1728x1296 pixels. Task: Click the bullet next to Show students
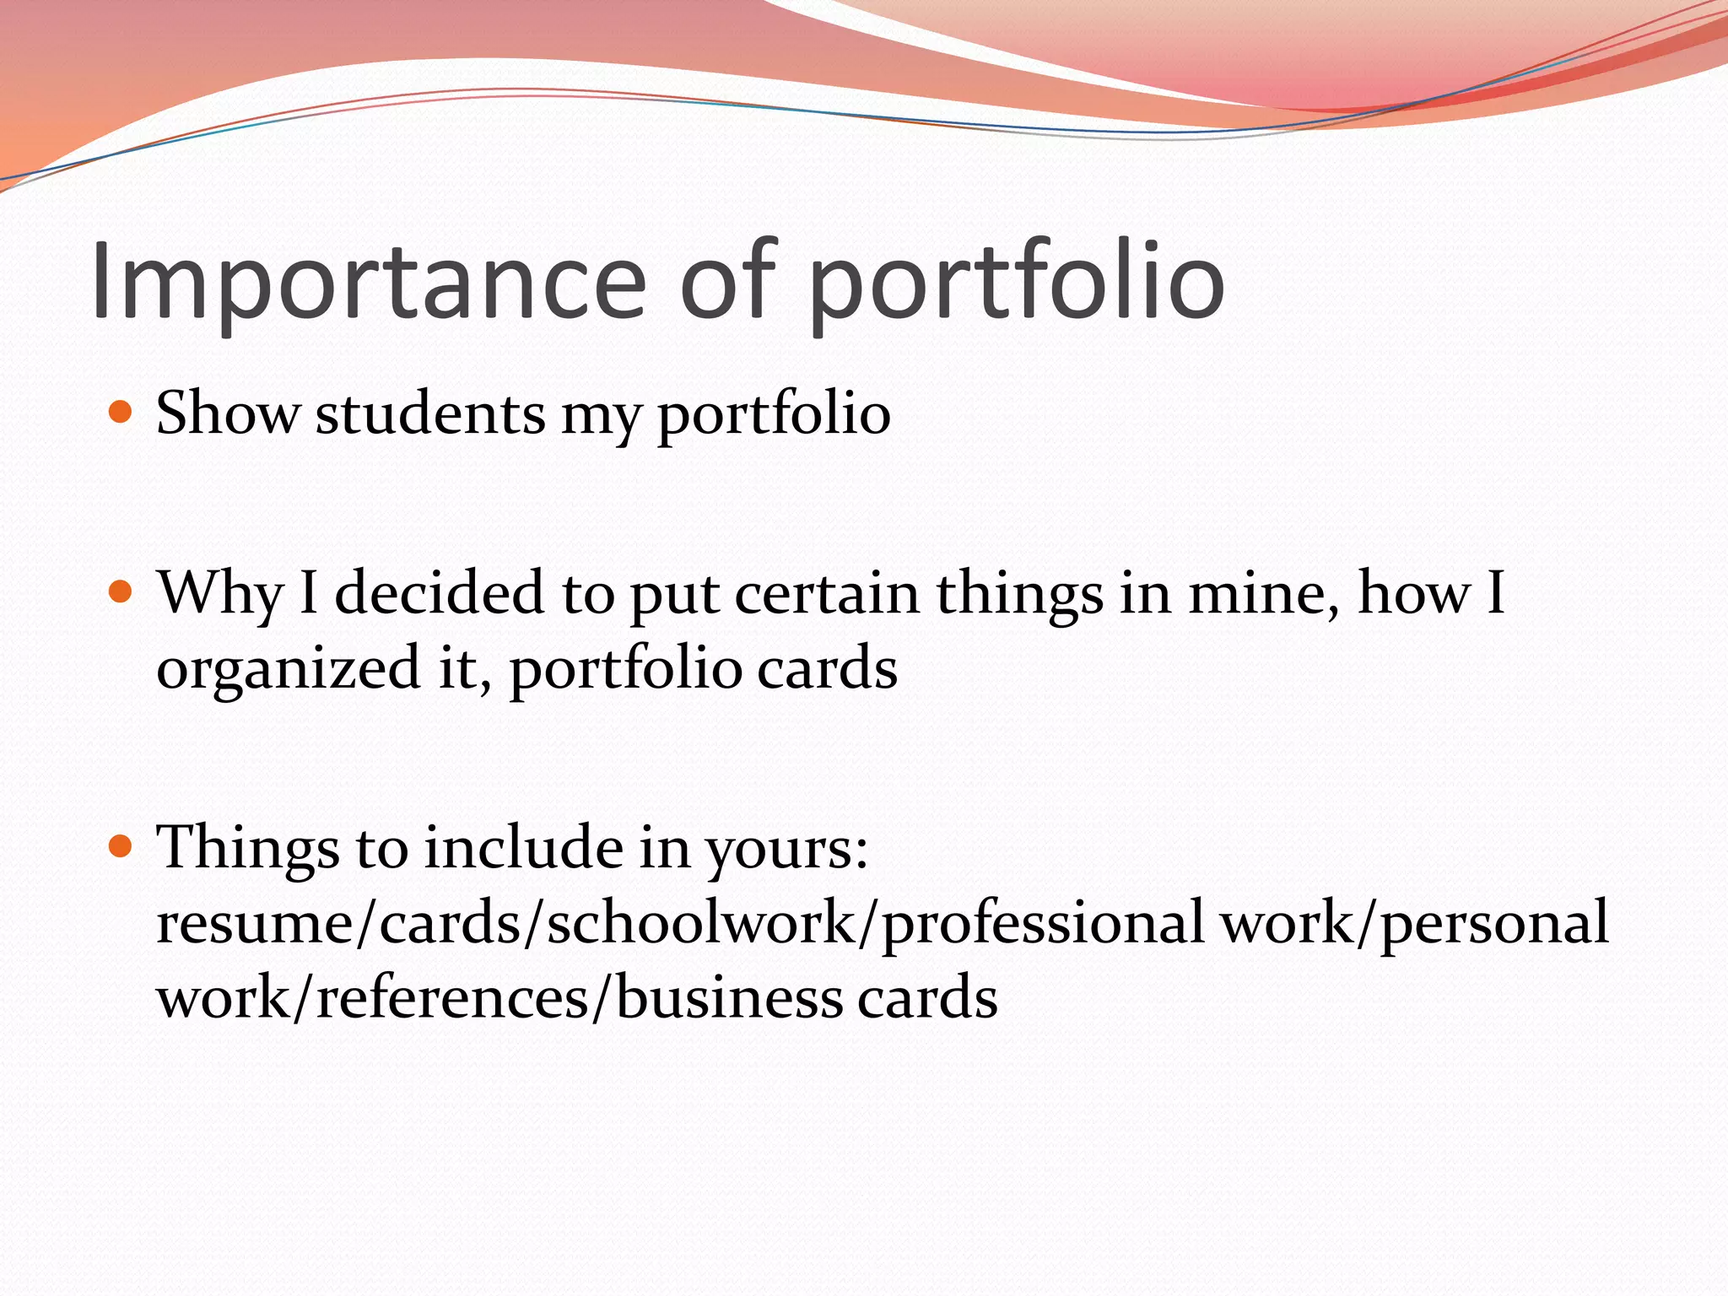(x=121, y=412)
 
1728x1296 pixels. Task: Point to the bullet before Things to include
(x=121, y=845)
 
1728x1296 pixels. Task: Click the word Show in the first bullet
(x=228, y=413)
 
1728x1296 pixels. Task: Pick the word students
(x=430, y=413)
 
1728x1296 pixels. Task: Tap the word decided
(x=439, y=592)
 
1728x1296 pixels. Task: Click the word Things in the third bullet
(x=248, y=847)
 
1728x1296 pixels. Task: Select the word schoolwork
(x=700, y=923)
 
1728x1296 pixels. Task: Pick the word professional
(x=1043, y=923)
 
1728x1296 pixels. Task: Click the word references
(x=452, y=998)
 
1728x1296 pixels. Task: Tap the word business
(x=729, y=998)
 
